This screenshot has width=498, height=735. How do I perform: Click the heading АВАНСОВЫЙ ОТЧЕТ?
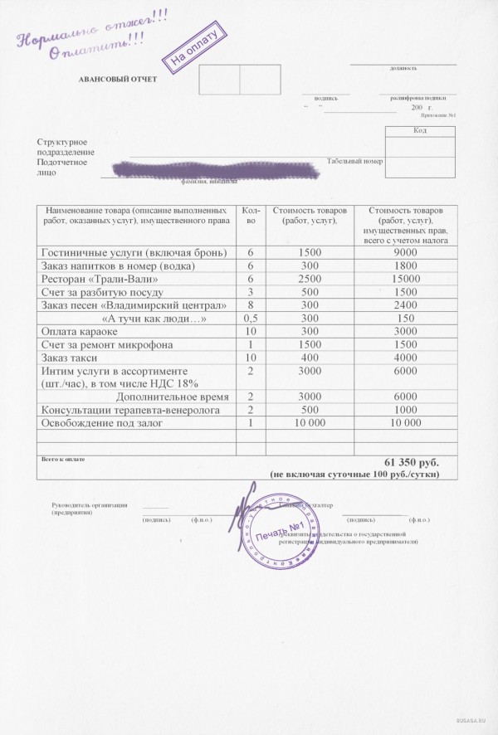pos(117,79)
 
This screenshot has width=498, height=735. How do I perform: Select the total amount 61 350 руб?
pos(410,460)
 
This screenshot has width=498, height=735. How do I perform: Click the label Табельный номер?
pos(354,161)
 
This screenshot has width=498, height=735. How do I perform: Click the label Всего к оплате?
pos(62,459)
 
